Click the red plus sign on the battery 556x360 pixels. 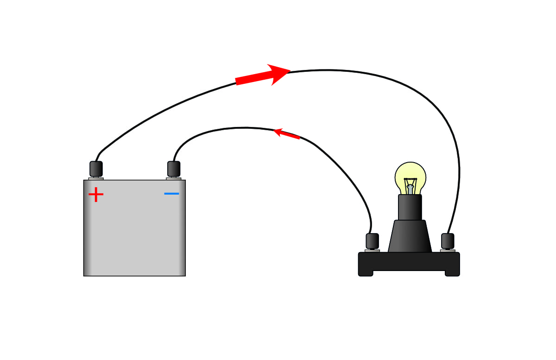pos(96,195)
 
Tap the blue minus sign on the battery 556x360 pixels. pos(171,193)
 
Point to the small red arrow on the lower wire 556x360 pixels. pos(287,134)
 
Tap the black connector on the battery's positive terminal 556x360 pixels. pos(96,169)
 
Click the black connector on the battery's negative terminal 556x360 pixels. pos(174,169)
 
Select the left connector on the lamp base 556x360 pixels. pos(373,241)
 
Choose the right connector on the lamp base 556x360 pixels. pos(448,241)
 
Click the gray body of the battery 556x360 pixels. pos(134,232)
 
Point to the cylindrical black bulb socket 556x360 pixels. pos(410,207)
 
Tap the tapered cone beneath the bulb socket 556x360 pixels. pos(410,236)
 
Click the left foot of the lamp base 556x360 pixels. pos(366,273)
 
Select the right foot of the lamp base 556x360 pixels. pos(452,273)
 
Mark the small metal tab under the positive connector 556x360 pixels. pos(96,178)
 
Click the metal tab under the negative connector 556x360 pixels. pos(174,178)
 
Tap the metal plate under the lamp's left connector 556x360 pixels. pos(372,251)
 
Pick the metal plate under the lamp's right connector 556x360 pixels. pos(448,251)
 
